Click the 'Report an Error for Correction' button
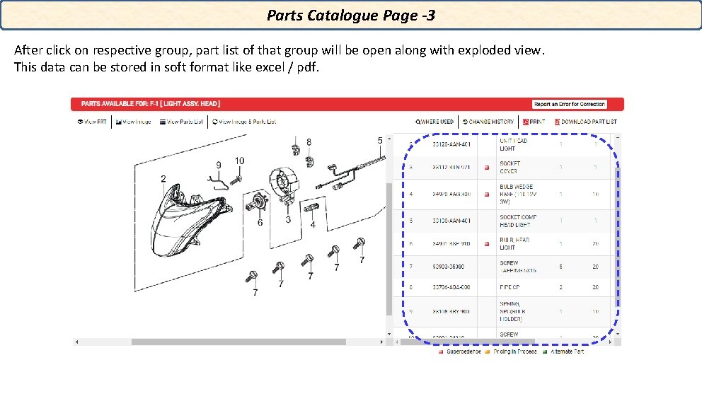(x=569, y=104)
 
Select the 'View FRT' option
(x=92, y=122)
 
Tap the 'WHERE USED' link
(x=435, y=122)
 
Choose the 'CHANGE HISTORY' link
(x=488, y=122)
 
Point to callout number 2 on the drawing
(x=163, y=178)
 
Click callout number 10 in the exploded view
(x=240, y=161)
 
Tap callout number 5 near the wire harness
(x=380, y=140)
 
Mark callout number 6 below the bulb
(x=260, y=223)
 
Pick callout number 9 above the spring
(x=219, y=165)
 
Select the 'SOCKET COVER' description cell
(x=510, y=168)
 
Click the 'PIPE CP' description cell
(x=510, y=287)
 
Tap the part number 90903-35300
(x=451, y=267)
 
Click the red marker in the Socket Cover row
(x=486, y=168)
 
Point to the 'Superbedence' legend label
(x=463, y=351)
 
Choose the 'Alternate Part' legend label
(x=567, y=351)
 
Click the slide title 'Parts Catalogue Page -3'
(x=350, y=15)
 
